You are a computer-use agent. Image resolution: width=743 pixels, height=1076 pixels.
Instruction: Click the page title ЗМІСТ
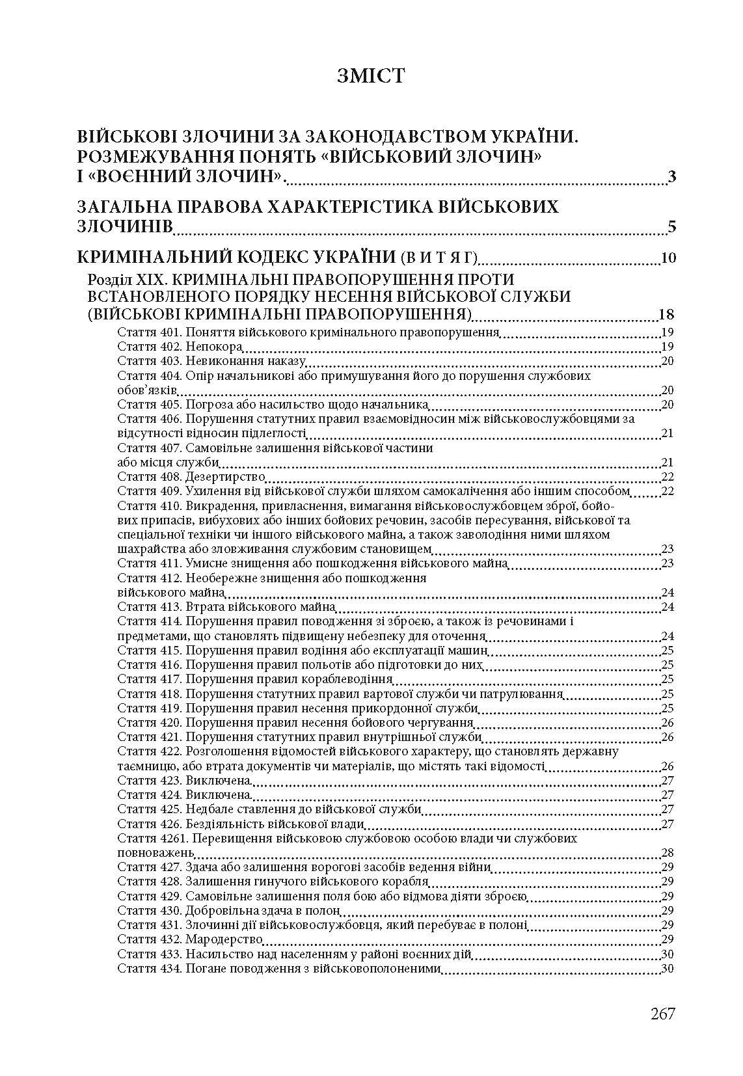pyautogui.click(x=371, y=76)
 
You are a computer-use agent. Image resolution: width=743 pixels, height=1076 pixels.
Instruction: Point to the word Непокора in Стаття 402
pyautogui.click(x=206, y=347)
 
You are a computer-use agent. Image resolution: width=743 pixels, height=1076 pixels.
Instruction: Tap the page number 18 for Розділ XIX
pyautogui.click(x=666, y=316)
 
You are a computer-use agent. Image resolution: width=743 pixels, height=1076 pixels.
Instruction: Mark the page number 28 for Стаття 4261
pyautogui.click(x=667, y=853)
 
